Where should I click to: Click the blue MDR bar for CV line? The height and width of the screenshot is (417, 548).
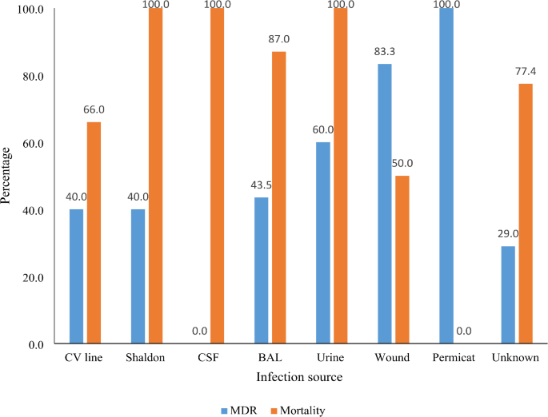76,276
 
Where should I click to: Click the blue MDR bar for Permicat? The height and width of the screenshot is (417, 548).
446,176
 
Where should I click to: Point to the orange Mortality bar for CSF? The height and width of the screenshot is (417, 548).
218,176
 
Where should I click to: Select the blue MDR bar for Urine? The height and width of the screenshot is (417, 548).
322,243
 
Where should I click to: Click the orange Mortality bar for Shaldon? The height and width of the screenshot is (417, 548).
155,176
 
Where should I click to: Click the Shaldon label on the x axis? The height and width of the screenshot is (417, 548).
146,358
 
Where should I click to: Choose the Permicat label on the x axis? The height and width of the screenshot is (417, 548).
455,358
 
